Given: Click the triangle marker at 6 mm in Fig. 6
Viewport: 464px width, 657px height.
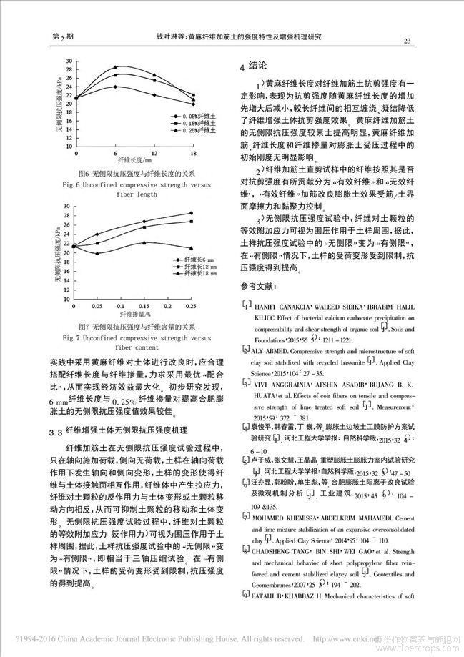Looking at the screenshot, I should (115, 68).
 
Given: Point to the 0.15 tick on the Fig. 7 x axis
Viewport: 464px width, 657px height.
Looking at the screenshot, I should (145, 305).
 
